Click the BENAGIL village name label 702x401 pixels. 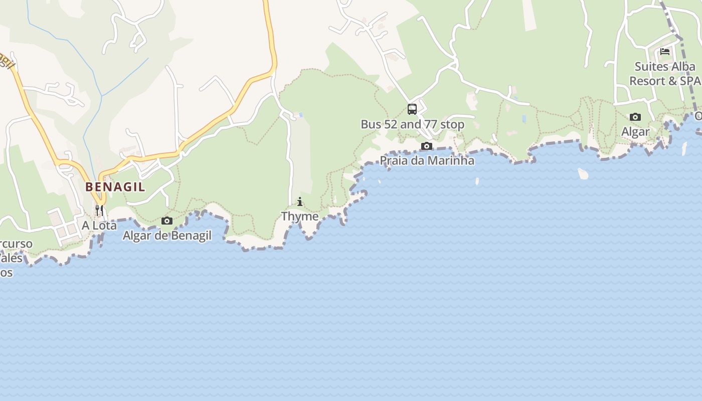115,187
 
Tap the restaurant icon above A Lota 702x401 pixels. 99,210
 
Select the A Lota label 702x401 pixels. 99,226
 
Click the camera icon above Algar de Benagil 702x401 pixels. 167,221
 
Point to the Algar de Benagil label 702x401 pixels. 167,236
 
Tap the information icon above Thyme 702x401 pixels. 300,202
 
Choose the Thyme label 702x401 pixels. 300,216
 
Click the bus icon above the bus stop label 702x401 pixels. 412,109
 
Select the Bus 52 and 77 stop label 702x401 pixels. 412,124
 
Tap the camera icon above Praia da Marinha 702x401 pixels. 427,146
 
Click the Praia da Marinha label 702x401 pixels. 427,161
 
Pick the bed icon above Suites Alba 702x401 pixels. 665,51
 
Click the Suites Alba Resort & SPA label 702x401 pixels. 665,74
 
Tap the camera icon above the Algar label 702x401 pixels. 635,117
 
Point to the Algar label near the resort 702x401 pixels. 635,132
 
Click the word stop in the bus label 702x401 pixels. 452,124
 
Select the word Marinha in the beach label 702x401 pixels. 450,161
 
